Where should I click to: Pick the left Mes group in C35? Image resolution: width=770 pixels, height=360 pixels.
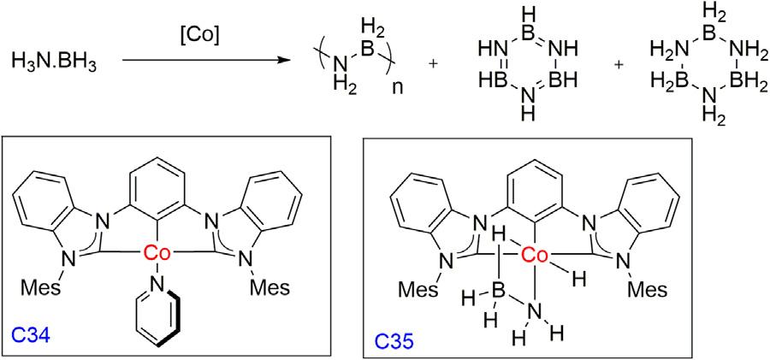click(418, 287)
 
